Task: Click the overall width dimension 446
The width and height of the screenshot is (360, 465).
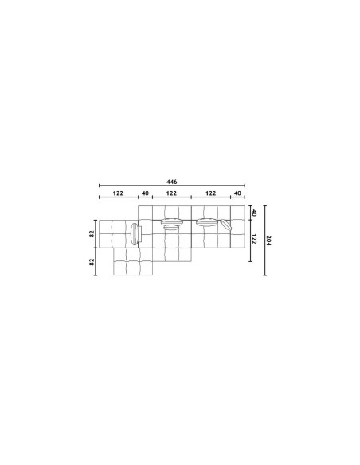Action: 171,181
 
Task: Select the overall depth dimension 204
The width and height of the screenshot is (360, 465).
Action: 270,240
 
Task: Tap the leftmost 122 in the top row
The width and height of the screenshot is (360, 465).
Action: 117,193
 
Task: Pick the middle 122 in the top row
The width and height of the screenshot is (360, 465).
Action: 171,193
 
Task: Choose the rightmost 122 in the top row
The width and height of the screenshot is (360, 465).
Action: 211,193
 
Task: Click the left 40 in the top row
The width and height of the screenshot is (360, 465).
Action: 144,193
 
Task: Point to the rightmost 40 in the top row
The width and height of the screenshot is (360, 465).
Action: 237,193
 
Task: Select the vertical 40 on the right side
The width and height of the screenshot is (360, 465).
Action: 252,213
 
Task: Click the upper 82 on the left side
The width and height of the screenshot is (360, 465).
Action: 92,234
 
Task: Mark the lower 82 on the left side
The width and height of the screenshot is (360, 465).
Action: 92,260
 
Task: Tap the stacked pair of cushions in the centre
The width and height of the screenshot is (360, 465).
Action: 170,224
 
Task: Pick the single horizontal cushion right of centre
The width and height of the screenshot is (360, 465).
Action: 206,222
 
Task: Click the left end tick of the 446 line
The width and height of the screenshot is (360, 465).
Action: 98,186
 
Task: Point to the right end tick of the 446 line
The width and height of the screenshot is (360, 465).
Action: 245,186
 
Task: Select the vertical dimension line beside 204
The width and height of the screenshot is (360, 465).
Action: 264,240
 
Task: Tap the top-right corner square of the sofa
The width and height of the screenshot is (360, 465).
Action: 237,213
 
